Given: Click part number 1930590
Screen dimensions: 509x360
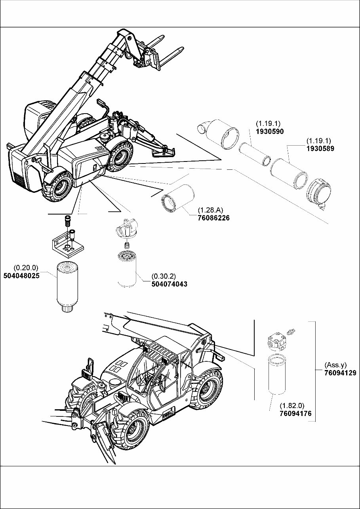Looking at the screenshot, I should tap(270, 131).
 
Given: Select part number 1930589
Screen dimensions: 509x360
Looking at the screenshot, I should tap(320, 149).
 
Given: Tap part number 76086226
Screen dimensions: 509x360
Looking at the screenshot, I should tap(213, 218).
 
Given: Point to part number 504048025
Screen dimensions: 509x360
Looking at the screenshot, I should tap(21, 276).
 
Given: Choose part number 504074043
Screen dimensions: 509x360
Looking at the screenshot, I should tap(170, 284).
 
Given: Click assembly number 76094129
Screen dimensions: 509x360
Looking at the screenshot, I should tap(340, 372).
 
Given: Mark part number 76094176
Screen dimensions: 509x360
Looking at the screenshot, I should tap(295, 414).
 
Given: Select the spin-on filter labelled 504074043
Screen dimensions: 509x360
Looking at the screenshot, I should tap(127, 270).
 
